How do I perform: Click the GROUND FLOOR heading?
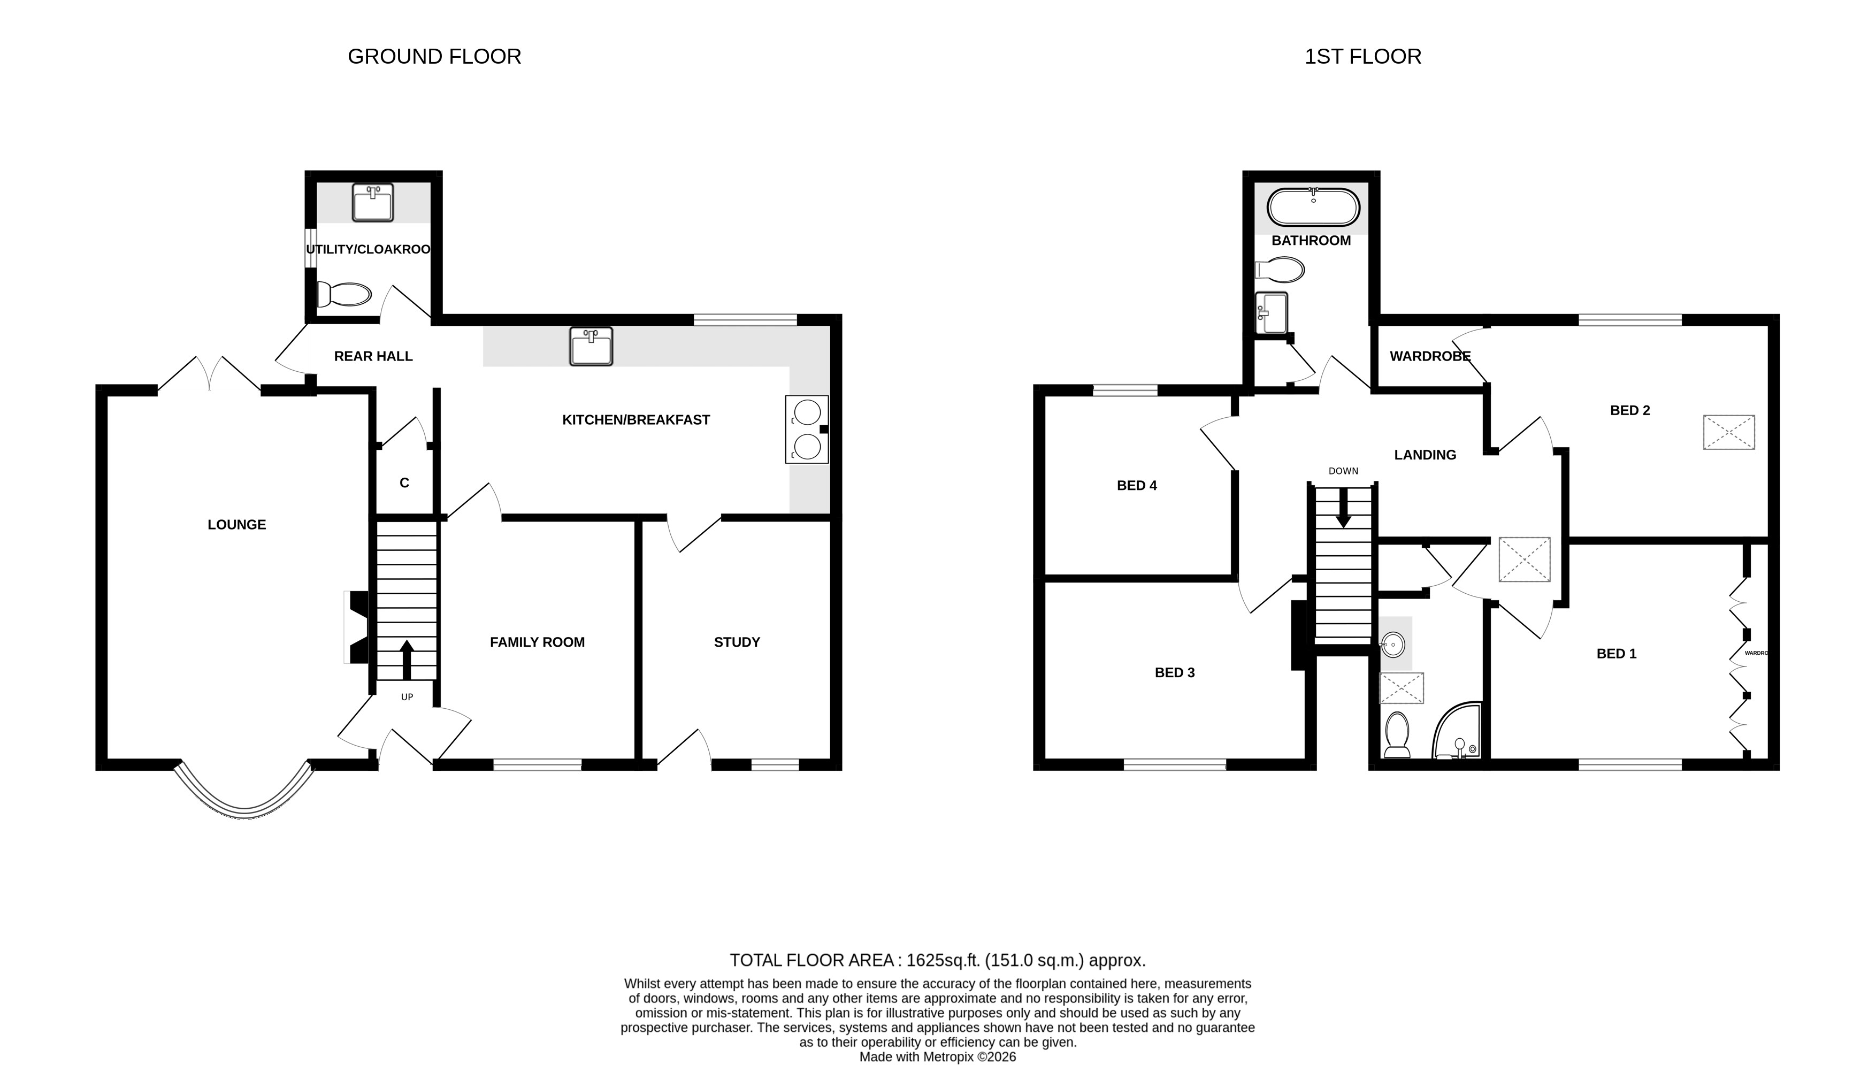434,56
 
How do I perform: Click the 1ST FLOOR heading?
1362,56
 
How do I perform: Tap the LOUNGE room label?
236,524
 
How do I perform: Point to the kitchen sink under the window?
590,347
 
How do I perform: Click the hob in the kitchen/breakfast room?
807,430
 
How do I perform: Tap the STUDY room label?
737,642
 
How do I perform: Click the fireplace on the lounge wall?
356,627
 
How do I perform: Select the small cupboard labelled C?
404,483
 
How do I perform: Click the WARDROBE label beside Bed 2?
1429,356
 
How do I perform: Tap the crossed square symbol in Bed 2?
1728,432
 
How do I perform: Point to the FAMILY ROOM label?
537,642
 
